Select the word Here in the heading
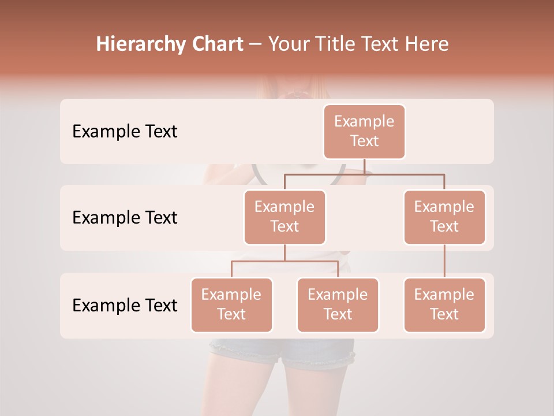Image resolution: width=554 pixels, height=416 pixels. pyautogui.click(x=428, y=44)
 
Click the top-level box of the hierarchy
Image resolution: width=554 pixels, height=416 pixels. pyautogui.click(x=364, y=131)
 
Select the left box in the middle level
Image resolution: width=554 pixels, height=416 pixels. pyautogui.click(x=285, y=217)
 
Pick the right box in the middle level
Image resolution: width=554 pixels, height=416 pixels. pyautogui.click(x=444, y=217)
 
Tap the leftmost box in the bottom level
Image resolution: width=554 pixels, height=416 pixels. pyautogui.click(x=231, y=304)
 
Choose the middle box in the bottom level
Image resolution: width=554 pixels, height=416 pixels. pyautogui.click(x=338, y=304)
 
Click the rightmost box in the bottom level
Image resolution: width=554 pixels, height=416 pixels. pyautogui.click(x=444, y=304)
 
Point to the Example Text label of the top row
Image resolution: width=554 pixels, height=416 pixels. pyautogui.click(x=125, y=132)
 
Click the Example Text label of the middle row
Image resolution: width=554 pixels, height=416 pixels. pyautogui.click(x=125, y=218)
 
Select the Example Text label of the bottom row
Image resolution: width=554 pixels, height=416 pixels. pyautogui.click(x=125, y=306)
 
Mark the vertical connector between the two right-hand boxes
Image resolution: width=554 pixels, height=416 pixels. pyautogui.click(x=444, y=261)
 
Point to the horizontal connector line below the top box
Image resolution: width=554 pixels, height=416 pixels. pyautogui.click(x=364, y=173)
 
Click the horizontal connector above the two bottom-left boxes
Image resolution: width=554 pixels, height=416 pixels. pyautogui.click(x=285, y=261)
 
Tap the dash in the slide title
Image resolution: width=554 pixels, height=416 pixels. pyautogui.click(x=256, y=44)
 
